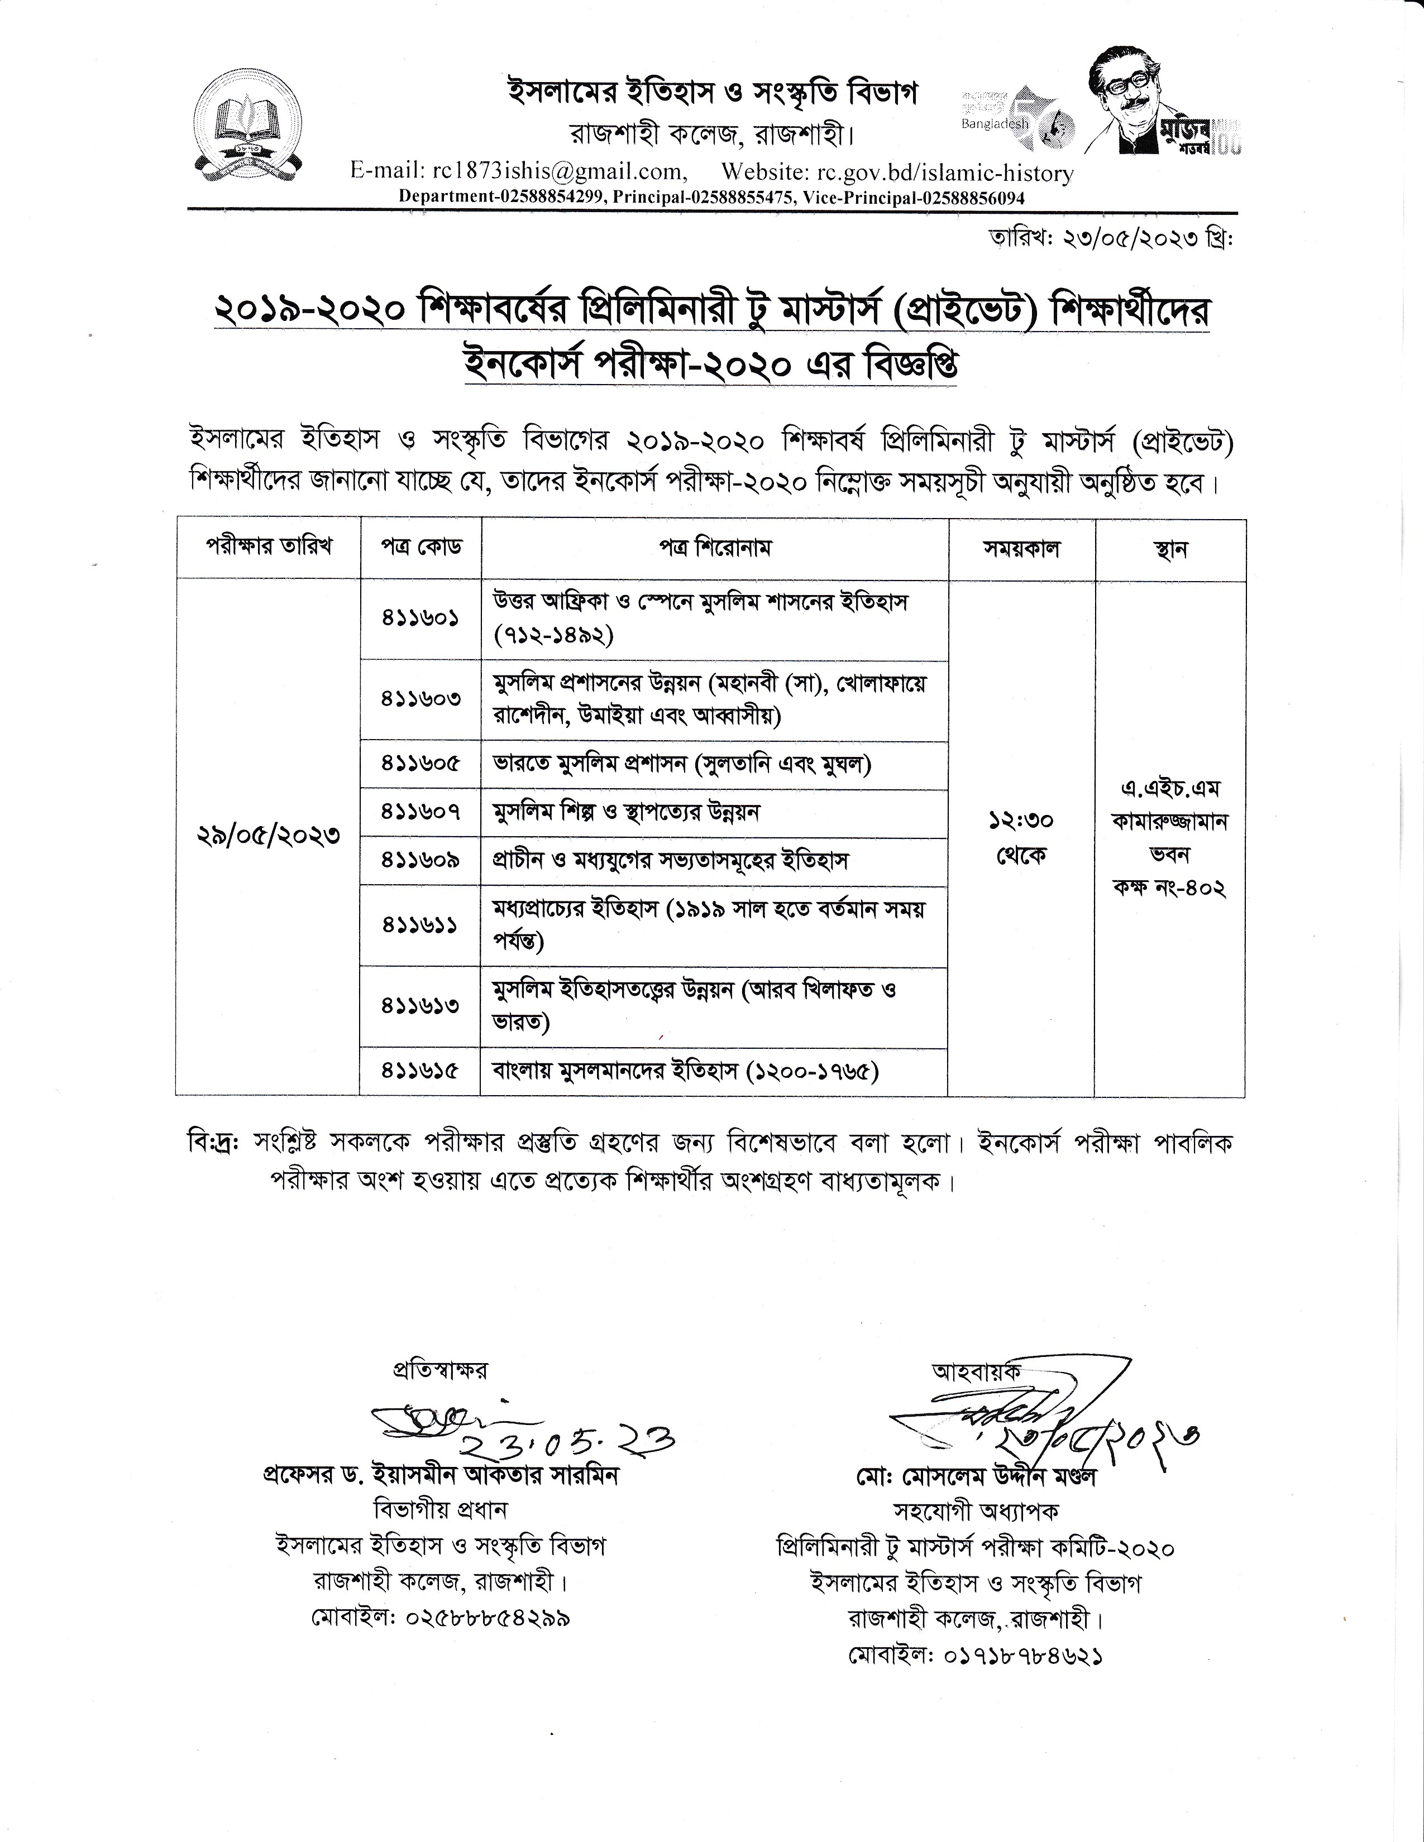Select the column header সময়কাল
[1021, 548]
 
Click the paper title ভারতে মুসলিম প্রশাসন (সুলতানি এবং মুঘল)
[682, 764]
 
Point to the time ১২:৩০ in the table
[1021, 820]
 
